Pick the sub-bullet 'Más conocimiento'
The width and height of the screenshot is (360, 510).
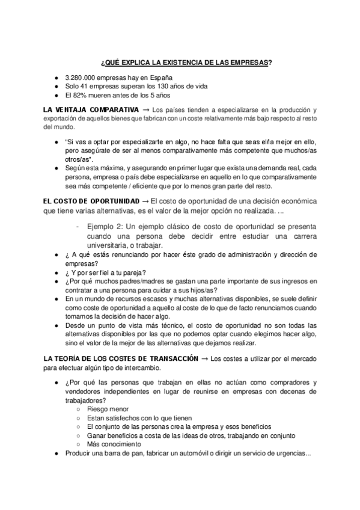pyautogui.click(x=115, y=444)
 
